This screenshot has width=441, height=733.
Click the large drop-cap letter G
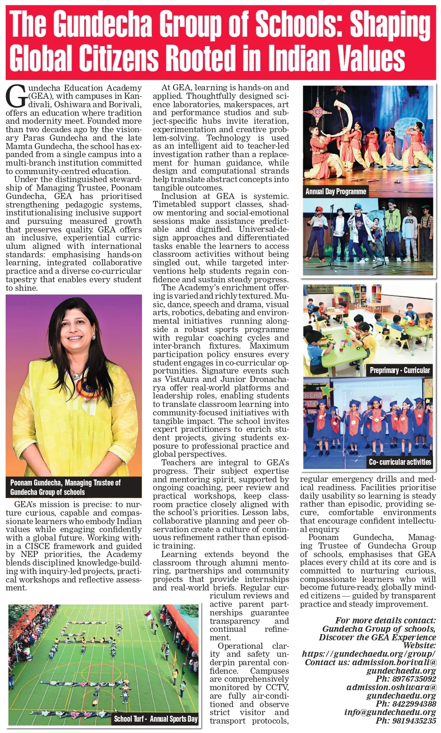pos(15,96)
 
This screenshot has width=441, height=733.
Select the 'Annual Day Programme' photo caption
pos(336,191)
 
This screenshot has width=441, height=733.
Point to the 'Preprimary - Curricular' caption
pos(400,370)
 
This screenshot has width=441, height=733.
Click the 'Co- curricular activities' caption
pos(400,462)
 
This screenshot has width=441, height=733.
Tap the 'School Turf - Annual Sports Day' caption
pos(156,719)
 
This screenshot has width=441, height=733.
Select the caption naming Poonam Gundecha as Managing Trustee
pos(66,487)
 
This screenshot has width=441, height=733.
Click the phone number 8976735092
pos(406,679)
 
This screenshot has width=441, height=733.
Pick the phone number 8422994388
pos(406,704)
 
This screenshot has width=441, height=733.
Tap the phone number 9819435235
pos(406,721)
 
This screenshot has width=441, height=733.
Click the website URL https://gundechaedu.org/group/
pos(369,654)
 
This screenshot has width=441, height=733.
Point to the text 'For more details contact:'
pos(386,621)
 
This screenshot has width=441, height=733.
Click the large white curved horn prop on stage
pos(346,112)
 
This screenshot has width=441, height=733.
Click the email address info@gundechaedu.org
pos(390,712)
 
